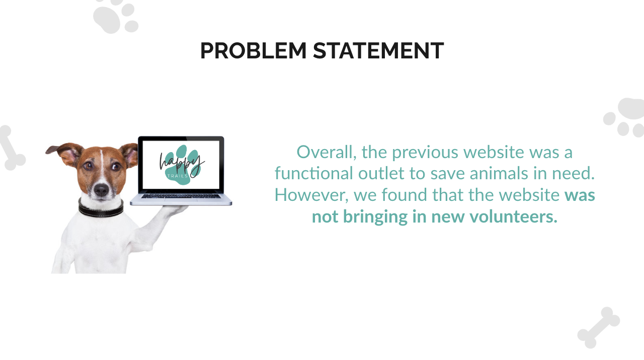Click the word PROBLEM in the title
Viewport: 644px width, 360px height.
pos(253,51)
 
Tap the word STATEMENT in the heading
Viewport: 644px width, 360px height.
pos(378,51)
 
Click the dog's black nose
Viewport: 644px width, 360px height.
pos(102,189)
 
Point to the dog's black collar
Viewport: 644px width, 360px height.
pos(101,208)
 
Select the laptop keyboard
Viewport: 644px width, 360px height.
pos(181,196)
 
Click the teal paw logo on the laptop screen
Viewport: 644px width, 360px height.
pos(182,165)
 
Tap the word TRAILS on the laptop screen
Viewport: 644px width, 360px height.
pos(178,176)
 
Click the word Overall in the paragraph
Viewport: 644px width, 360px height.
pos(327,152)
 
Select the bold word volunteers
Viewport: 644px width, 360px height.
pos(514,217)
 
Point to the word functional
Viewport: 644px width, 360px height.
pos(313,173)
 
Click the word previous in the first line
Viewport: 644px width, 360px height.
pos(425,153)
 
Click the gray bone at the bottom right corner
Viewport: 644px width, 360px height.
pos(599,327)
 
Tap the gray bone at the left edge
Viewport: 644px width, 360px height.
pos(11,148)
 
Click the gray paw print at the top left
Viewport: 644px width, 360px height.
pos(116,17)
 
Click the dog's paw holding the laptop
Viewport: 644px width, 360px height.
pos(176,209)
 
